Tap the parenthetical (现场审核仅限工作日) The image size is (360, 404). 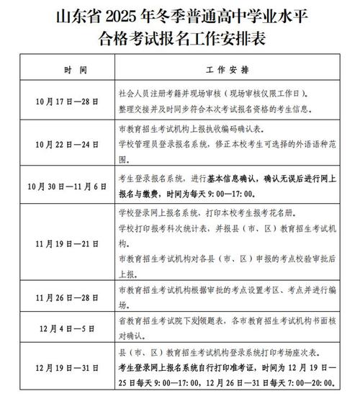click(263, 94)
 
